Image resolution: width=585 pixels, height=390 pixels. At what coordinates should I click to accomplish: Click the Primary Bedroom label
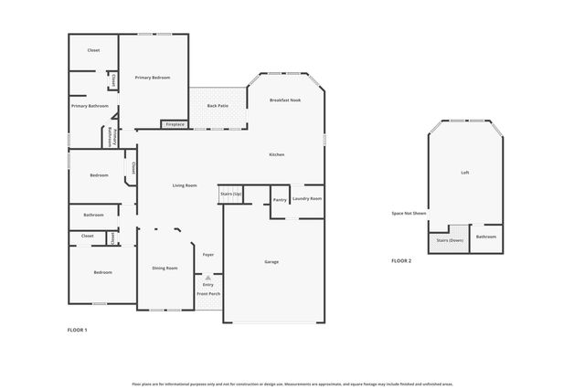154,78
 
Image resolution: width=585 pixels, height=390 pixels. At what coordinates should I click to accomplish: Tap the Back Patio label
218,106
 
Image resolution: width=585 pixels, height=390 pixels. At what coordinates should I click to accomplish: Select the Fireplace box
175,124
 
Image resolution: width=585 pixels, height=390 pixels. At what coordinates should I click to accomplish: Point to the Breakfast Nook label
285,100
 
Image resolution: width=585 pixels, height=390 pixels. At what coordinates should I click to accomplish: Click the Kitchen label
276,154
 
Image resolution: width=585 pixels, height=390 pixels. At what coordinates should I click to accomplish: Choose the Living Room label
185,185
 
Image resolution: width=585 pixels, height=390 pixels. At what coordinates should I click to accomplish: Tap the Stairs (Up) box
231,195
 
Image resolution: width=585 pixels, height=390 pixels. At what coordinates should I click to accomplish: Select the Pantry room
280,199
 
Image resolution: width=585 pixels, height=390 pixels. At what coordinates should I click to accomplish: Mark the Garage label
271,262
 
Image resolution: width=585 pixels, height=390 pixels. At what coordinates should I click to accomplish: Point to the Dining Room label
165,268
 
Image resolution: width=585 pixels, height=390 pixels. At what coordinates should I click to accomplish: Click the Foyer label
208,255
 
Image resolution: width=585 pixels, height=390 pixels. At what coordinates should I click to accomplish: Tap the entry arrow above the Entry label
208,278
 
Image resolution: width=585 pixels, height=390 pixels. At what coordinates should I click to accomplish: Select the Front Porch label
208,293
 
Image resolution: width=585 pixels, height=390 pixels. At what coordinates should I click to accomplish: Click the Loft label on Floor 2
465,172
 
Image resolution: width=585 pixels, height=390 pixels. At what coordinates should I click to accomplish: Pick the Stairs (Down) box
450,240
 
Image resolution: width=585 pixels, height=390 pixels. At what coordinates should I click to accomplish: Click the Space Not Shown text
409,213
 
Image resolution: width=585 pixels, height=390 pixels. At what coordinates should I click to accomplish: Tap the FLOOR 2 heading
401,261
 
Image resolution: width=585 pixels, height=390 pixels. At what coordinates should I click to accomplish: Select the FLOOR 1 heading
78,329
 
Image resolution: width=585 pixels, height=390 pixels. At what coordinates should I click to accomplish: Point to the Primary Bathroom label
90,106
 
